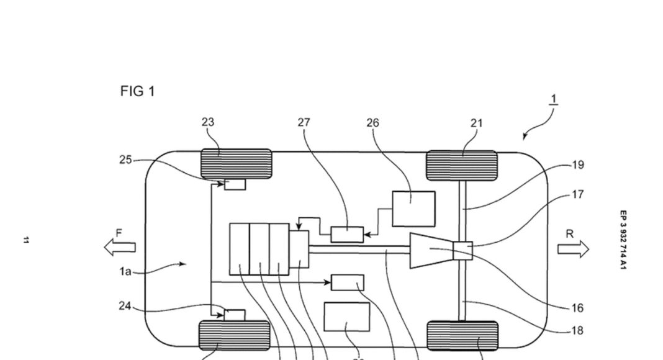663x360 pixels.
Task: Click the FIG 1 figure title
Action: pyautogui.click(x=137, y=91)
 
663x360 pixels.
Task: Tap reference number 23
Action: pyautogui.click(x=208, y=122)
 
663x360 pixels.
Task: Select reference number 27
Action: pyautogui.click(x=304, y=122)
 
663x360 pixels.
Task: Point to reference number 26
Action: pyautogui.click(x=372, y=123)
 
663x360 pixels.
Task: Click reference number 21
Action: pyautogui.click(x=476, y=123)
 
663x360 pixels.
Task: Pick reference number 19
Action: pyautogui.click(x=577, y=165)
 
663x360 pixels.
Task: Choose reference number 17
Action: pyautogui.click(x=577, y=194)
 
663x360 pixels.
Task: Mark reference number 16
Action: pyautogui.click(x=577, y=308)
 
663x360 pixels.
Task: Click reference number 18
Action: pyautogui.click(x=577, y=331)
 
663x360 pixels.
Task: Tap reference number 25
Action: pyautogui.click(x=126, y=160)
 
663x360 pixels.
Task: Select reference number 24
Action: pyautogui.click(x=126, y=305)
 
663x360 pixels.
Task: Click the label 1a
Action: pyautogui.click(x=125, y=271)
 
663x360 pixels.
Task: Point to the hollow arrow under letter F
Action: pyautogui.click(x=119, y=247)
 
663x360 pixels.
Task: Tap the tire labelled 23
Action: pyautogui.click(x=236, y=164)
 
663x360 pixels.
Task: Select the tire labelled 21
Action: pyautogui.click(x=461, y=166)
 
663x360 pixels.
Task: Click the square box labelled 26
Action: pyautogui.click(x=413, y=209)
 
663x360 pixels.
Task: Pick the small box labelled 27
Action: pyautogui.click(x=346, y=234)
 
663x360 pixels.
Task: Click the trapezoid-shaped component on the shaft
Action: pyautogui.click(x=431, y=250)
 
